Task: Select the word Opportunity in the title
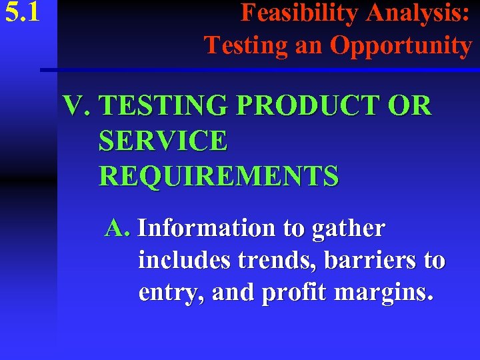[x=401, y=45]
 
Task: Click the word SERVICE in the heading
[x=163, y=141]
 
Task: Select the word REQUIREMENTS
[x=219, y=176]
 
